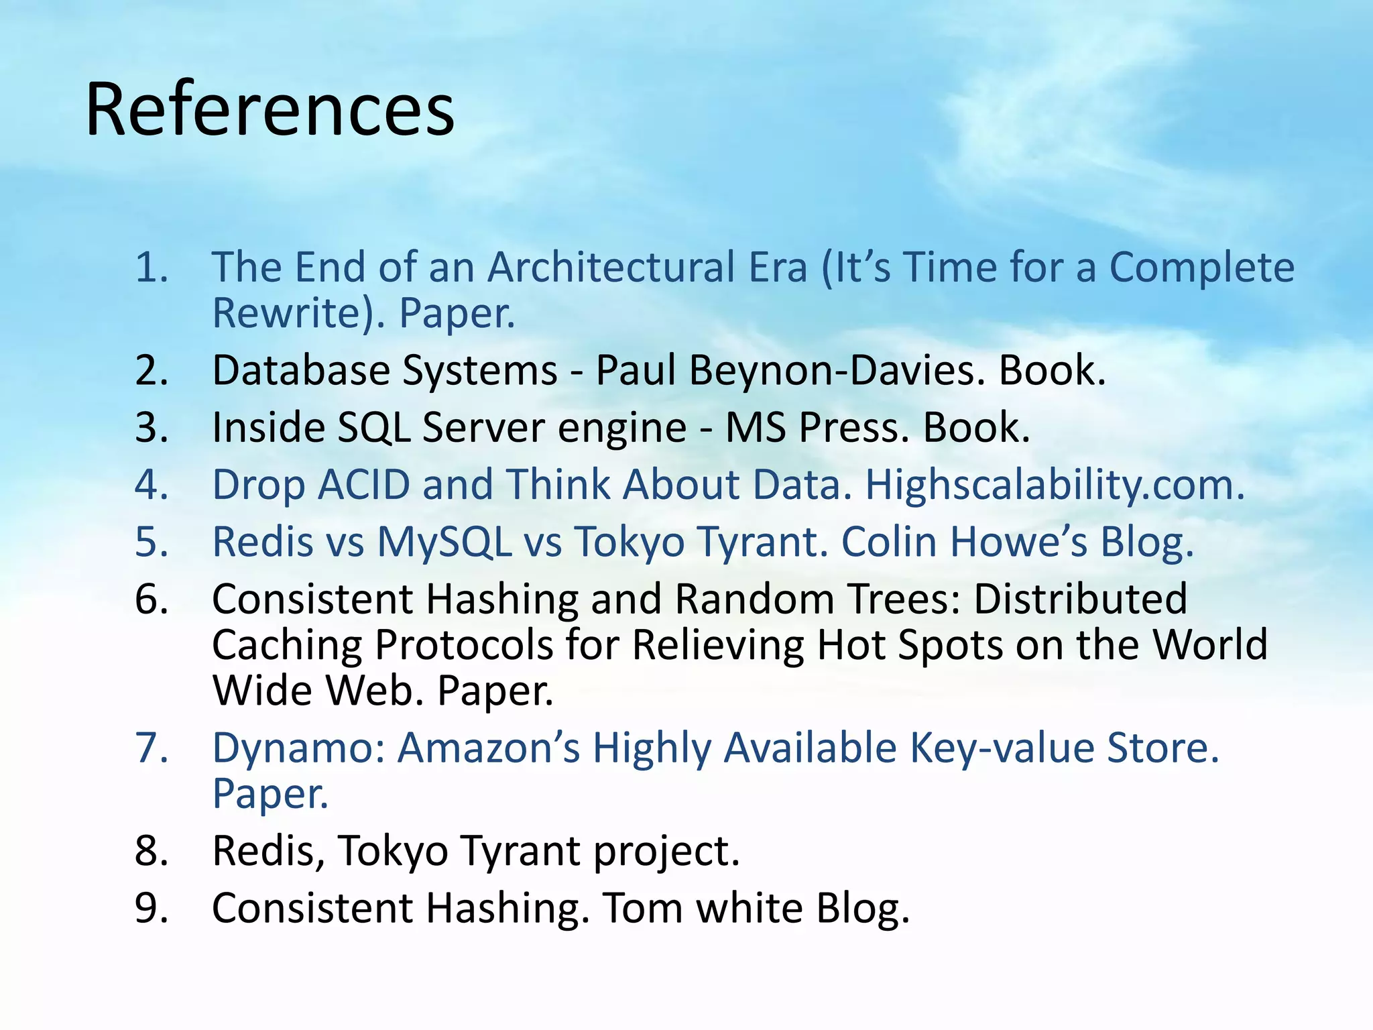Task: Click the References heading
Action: [270, 109]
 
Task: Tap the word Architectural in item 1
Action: [647, 268]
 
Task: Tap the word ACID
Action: [363, 484]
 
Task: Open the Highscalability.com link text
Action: [1055, 485]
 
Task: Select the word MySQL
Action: [444, 541]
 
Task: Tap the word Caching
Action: [287, 644]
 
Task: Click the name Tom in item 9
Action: [643, 908]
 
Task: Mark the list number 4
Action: [152, 484]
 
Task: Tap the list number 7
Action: [152, 748]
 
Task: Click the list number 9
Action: [152, 908]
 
